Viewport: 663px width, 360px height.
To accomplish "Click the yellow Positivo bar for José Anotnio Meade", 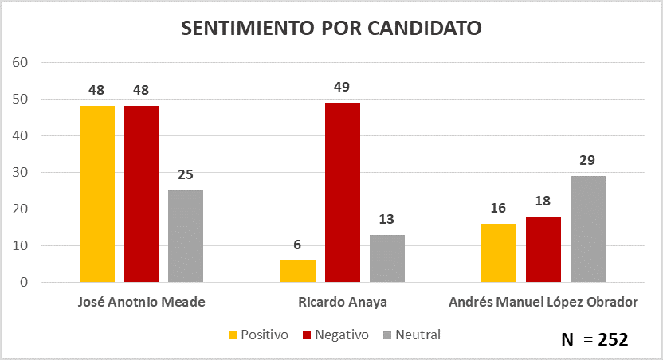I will pos(97,194).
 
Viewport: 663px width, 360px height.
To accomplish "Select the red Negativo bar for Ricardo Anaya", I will pos(342,193).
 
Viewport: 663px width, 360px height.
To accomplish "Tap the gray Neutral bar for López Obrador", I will pos(587,229).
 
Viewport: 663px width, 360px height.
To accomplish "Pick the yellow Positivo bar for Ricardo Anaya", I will pos(297,272).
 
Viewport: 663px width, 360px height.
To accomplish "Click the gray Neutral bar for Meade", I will pos(186,237).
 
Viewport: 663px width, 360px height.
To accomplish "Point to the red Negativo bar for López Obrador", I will pos(543,249).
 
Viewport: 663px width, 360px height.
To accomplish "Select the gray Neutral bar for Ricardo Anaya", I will pos(386,259).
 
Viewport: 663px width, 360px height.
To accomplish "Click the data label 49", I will pos(342,87).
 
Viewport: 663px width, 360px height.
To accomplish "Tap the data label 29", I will pos(588,160).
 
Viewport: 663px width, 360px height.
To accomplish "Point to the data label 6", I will pos(297,245).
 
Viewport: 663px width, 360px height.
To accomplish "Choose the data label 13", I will pos(386,219).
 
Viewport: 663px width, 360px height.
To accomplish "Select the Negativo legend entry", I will pos(335,335).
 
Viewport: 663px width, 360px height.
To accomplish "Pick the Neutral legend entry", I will pos(411,335).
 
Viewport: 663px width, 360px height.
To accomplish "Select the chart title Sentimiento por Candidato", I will pos(331,28).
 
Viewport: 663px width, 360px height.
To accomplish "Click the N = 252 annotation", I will pos(594,339).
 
